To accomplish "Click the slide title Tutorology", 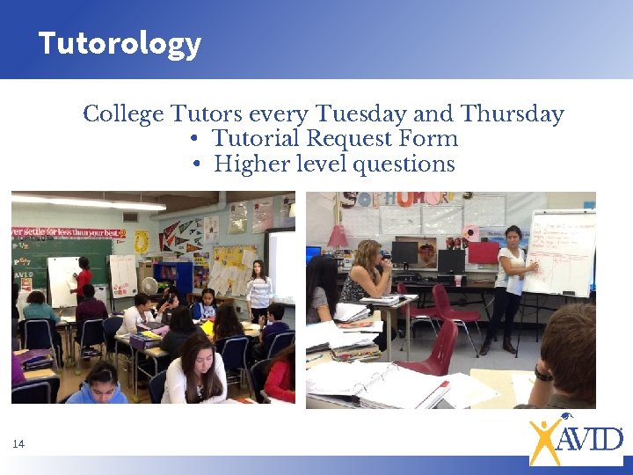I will [120, 43].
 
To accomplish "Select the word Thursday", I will [512, 114].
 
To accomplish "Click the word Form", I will [428, 139].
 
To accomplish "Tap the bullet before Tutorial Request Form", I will [193, 139].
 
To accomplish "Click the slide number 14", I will [18, 444].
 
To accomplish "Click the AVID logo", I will [575, 438].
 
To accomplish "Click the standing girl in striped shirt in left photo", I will [258, 290].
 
